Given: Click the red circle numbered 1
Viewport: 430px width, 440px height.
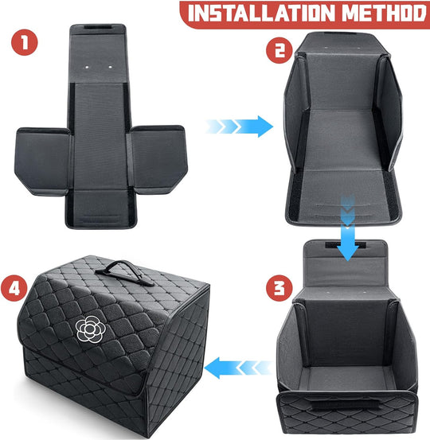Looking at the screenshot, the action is click(25, 42).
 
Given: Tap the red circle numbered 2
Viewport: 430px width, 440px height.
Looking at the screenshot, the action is click(279, 50).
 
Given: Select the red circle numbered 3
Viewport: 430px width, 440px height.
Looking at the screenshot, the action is click(279, 288).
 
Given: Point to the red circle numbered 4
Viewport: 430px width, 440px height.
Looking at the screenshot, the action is click(14, 288).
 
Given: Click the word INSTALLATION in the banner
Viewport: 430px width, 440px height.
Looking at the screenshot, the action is click(261, 13).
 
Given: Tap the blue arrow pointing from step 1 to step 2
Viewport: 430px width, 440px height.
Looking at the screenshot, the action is click(240, 127).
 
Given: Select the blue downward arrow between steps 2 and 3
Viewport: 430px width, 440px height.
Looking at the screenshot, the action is click(348, 228).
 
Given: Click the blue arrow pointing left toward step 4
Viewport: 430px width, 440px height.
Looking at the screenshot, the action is click(238, 368).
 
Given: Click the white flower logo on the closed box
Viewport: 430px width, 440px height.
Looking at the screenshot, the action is click(90, 329).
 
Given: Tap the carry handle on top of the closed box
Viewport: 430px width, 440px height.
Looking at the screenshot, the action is click(124, 272).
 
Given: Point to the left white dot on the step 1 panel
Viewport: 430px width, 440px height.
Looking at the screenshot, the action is click(87, 68).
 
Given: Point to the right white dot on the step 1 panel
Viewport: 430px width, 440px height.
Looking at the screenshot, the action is click(110, 67).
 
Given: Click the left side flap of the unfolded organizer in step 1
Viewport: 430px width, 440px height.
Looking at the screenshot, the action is click(43, 161).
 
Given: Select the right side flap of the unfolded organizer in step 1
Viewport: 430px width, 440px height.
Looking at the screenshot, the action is click(158, 159).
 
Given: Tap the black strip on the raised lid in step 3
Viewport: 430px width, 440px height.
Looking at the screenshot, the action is click(346, 245).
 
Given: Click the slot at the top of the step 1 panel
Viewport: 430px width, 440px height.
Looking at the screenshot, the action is click(97, 28).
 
